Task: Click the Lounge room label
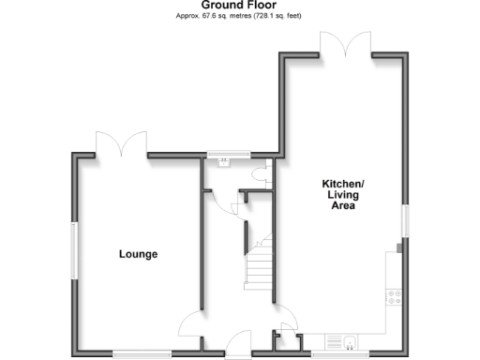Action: [138, 254]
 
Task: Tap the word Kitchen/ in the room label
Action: [342, 184]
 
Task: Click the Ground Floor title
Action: [239, 6]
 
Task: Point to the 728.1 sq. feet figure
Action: [277, 17]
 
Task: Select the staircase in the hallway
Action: [260, 263]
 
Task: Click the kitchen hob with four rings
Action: [394, 297]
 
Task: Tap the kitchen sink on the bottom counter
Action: [344, 341]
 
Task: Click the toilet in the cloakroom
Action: [265, 176]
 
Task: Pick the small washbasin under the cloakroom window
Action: [225, 161]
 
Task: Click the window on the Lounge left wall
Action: [74, 249]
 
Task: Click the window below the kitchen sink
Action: [335, 353]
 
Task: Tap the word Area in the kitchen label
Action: [342, 205]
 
